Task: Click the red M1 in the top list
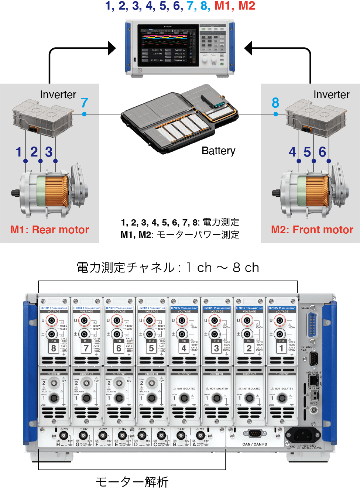click(224, 6)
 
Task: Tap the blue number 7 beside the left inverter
click(84, 103)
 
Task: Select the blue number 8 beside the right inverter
click(275, 103)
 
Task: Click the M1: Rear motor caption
click(50, 230)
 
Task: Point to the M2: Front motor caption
click(312, 230)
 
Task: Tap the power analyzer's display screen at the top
click(168, 45)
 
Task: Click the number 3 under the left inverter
click(49, 152)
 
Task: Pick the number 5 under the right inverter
click(307, 152)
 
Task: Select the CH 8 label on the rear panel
click(54, 347)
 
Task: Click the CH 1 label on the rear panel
click(281, 347)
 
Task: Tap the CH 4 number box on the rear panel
click(184, 347)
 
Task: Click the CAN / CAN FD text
click(255, 444)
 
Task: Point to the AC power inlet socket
click(303, 435)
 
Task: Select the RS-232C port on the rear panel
click(313, 358)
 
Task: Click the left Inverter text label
click(58, 95)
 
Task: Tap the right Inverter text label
click(331, 95)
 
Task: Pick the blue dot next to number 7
click(84, 114)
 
